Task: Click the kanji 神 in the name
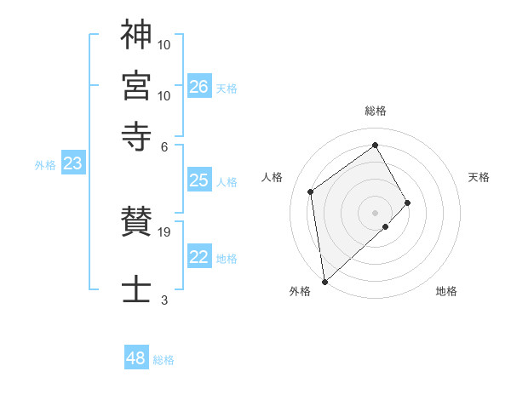point(136,35)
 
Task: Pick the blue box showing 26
point(199,87)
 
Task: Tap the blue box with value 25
point(199,180)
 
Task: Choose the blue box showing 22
point(199,258)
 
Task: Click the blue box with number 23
point(72,164)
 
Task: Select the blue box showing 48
point(136,358)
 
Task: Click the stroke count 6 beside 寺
point(164,146)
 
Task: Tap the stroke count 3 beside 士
point(164,300)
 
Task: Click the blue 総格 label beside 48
point(164,360)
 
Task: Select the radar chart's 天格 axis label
point(479,177)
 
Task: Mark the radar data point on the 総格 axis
point(376,145)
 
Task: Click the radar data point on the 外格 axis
point(324,282)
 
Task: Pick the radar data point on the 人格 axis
point(311,191)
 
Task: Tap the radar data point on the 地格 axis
point(386,226)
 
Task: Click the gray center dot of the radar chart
point(376,212)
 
